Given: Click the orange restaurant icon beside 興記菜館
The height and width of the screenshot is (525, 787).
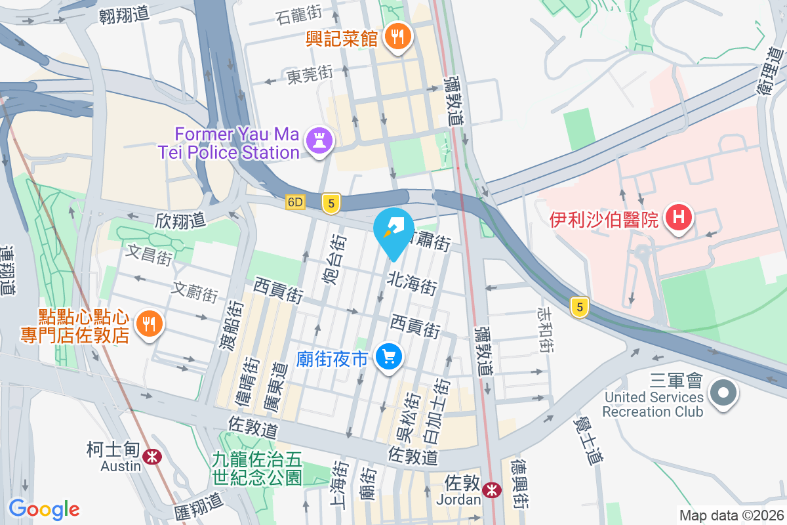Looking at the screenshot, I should click(x=397, y=37).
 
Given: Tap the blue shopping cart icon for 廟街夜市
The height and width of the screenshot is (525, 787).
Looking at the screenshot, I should click(x=389, y=358).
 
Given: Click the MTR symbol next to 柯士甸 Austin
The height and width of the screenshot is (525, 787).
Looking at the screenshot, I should click(x=153, y=455).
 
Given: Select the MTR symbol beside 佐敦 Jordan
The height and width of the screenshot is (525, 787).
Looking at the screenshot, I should click(x=491, y=490).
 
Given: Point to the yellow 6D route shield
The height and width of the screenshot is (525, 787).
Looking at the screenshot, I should click(x=296, y=203).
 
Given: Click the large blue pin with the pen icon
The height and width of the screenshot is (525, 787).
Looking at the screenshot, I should click(x=393, y=230).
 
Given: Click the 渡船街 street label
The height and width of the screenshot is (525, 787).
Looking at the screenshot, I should click(x=235, y=324).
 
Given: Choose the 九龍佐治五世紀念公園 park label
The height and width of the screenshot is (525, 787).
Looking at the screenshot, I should click(x=256, y=468).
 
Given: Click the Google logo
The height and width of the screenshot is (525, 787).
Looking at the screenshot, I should click(x=44, y=509).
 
